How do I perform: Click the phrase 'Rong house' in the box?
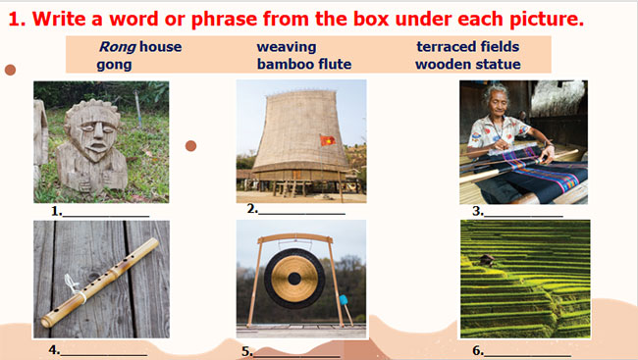(x=139, y=46)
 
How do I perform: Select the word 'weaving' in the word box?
(x=287, y=46)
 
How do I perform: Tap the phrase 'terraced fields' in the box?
(x=467, y=46)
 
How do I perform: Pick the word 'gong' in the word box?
(x=114, y=65)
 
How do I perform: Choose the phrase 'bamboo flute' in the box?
(x=303, y=65)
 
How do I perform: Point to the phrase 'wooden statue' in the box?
(x=467, y=65)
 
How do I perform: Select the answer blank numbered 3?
(x=524, y=211)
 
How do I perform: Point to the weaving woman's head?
(x=493, y=101)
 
